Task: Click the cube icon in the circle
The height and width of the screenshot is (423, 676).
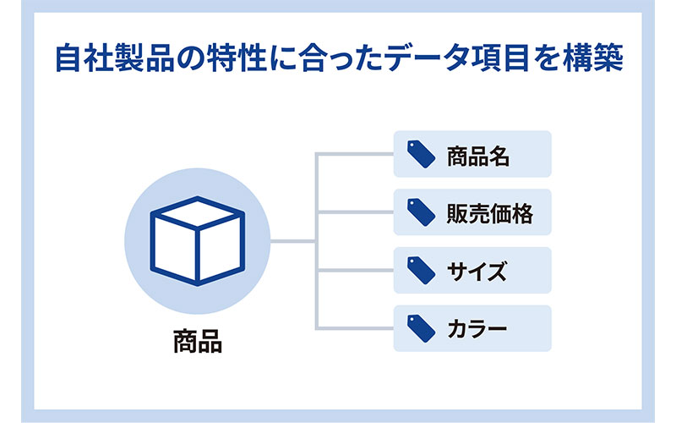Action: point(198,241)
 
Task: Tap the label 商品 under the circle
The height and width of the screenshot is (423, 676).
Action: point(198,342)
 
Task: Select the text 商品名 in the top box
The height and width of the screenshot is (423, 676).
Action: point(478,157)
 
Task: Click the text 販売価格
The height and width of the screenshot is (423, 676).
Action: point(490,214)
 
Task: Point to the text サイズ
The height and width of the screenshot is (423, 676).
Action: point(477,272)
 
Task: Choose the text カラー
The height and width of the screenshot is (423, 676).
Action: point(477,329)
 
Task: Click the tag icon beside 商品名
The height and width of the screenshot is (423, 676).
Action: point(421,154)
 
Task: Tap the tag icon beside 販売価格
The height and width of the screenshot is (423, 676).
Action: point(421,212)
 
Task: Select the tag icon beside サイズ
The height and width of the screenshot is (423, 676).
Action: point(421,270)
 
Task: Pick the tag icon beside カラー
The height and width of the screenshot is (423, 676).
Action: point(421,328)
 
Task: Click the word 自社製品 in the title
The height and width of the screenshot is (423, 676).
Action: point(114,58)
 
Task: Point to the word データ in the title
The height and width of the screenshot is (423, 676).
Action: point(431,58)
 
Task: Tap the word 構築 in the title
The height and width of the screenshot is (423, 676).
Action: point(593,58)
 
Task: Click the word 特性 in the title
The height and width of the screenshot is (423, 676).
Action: point(236,58)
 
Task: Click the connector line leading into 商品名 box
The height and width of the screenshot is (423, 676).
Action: point(355,154)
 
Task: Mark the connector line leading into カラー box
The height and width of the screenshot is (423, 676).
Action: point(355,328)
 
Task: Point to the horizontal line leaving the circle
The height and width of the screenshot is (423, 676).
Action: point(292,241)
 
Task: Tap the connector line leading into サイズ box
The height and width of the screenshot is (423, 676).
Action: point(355,270)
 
